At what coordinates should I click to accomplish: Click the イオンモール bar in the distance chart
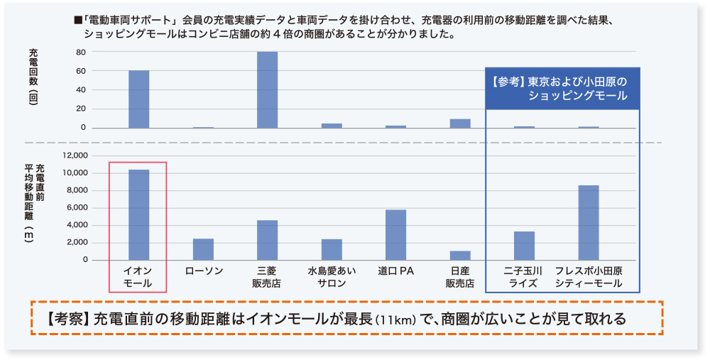tap(139, 215)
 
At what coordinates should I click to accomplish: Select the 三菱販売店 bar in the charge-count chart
tap(268, 90)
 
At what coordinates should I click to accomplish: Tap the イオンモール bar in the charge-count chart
tap(139, 99)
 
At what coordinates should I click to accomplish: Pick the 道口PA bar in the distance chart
tap(396, 235)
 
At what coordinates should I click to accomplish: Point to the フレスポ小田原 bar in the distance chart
tap(589, 222)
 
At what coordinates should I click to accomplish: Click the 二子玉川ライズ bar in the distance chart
tap(524, 246)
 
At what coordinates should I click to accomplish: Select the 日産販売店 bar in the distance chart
tap(460, 256)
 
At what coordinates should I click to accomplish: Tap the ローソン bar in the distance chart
tap(203, 249)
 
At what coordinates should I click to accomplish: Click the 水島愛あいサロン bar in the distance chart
tap(332, 249)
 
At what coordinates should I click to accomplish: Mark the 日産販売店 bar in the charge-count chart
tap(460, 124)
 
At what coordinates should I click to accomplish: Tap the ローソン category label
tap(203, 271)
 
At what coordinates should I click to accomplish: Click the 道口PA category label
tap(396, 271)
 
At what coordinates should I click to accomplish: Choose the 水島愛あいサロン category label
tap(332, 277)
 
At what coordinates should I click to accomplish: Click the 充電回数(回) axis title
tap(33, 77)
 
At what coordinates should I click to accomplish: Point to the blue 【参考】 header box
tap(563, 89)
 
